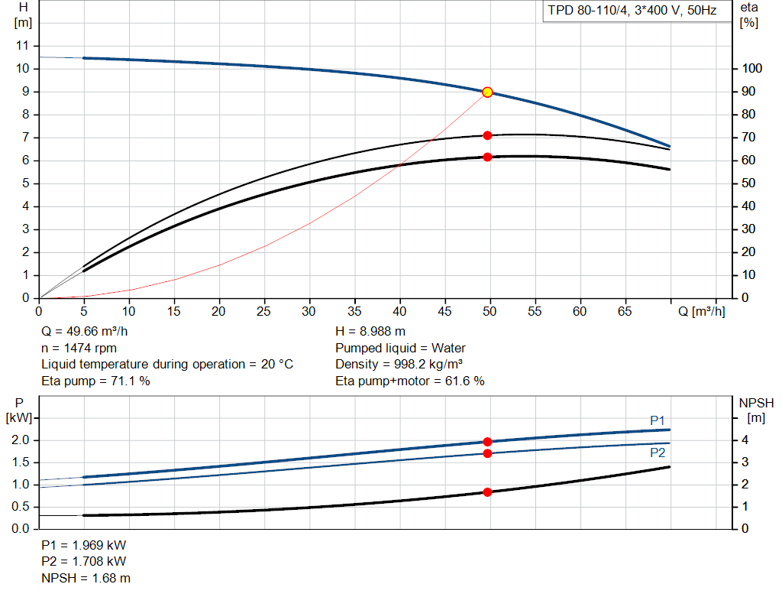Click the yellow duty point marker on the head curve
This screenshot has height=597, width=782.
487,92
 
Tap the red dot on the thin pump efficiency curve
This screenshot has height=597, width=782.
487,135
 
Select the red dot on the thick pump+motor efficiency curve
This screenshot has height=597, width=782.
487,157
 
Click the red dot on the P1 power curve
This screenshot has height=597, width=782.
487,442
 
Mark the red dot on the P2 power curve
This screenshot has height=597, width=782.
487,453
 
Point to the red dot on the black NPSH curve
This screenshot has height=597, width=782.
487,492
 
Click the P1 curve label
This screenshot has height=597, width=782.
658,420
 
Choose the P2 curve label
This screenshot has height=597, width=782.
658,453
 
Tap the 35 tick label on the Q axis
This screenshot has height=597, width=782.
354,311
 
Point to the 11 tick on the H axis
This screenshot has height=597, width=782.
22,45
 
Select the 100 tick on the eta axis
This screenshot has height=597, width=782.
751,68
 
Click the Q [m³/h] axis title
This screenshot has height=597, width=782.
702,311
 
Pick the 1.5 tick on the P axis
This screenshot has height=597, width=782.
21,462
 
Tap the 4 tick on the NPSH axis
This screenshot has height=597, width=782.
745,440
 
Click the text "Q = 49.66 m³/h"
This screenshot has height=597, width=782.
84,331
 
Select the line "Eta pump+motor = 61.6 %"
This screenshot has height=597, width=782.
410,381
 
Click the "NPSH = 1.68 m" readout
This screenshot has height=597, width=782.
86,578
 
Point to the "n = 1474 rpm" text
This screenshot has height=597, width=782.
79,348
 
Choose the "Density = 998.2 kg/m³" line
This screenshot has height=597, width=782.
399,364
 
